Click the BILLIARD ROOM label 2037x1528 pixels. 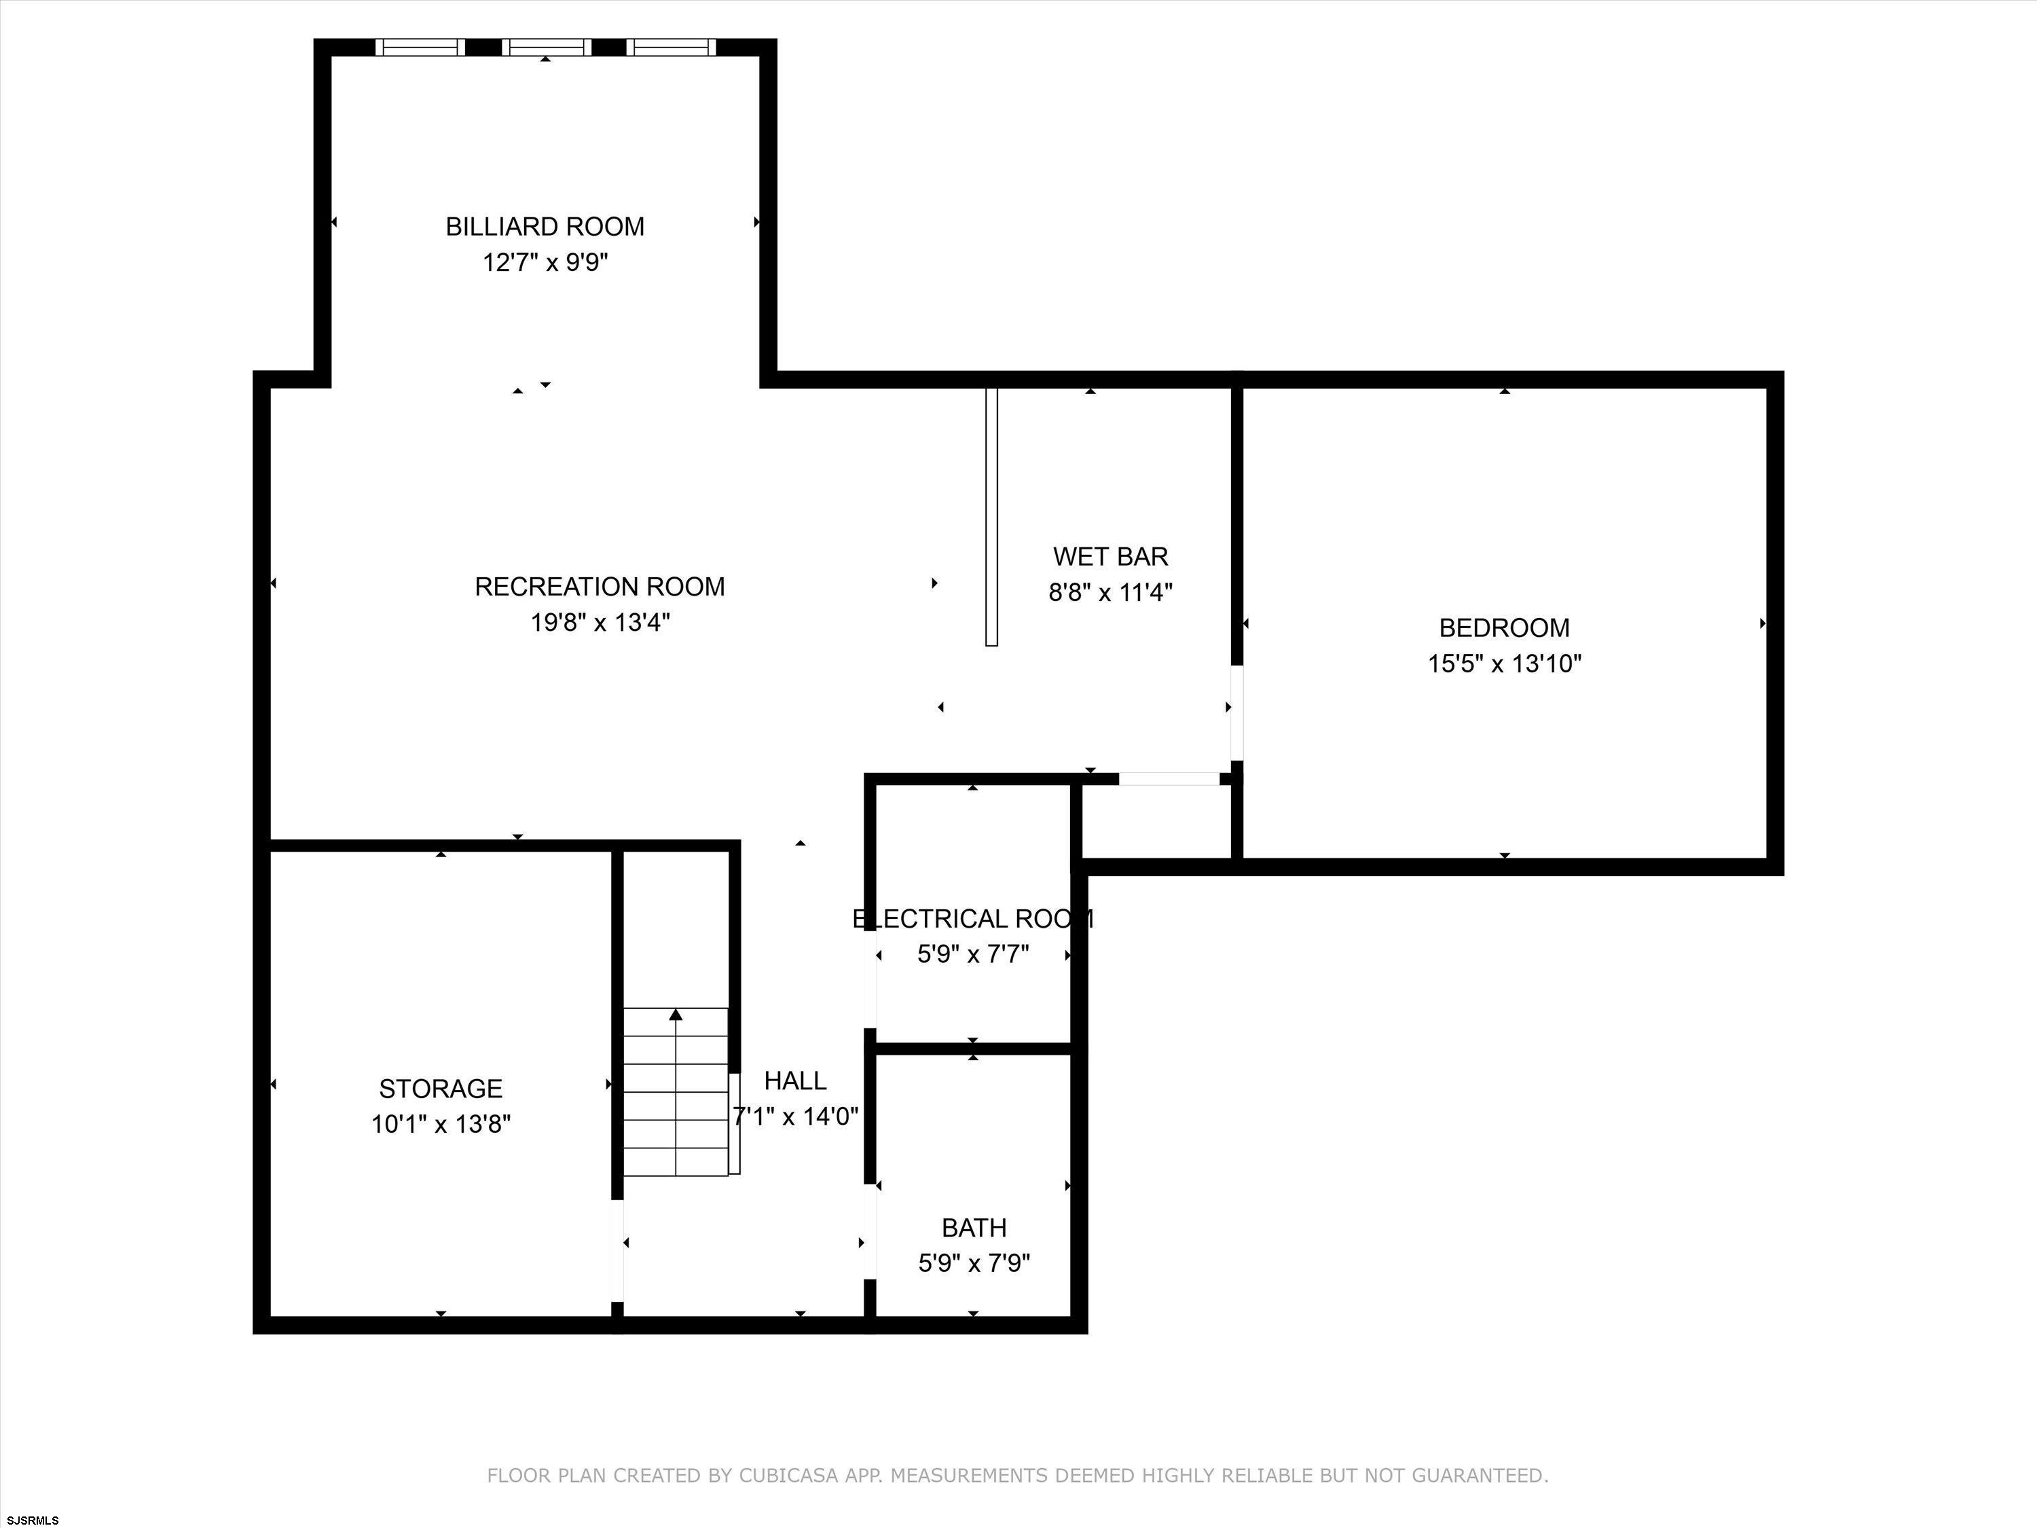[545, 227]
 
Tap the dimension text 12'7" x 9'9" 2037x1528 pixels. [545, 263]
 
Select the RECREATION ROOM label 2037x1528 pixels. [600, 587]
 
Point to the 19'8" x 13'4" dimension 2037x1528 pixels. [600, 623]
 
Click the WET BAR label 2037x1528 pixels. [1111, 556]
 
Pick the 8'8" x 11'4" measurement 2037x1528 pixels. [1111, 592]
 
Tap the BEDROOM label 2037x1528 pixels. [1504, 628]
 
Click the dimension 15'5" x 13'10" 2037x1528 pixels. [1504, 664]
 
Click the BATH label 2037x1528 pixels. [974, 1228]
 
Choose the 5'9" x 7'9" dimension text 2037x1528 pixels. [974, 1262]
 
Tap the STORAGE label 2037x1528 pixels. [441, 1089]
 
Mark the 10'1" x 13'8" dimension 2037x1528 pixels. [441, 1125]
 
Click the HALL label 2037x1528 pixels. [796, 1080]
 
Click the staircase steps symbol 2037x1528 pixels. [677, 1092]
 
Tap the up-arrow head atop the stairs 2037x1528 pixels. [676, 1014]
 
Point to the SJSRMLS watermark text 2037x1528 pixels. [32, 1520]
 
